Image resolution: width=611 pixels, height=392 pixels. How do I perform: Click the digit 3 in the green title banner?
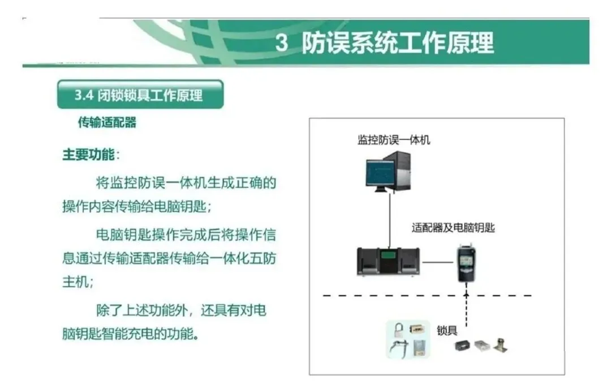point(282,43)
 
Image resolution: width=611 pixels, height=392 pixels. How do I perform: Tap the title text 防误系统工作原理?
point(397,43)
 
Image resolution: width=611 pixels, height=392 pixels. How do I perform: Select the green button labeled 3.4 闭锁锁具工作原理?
point(140,95)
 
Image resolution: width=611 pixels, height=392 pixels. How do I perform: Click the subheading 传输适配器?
point(107,122)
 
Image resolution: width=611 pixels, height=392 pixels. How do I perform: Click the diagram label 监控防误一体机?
point(394,139)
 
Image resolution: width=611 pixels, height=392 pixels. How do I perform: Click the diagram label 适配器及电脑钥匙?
point(453,228)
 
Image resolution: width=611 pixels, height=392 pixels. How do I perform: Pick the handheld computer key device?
point(467,263)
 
